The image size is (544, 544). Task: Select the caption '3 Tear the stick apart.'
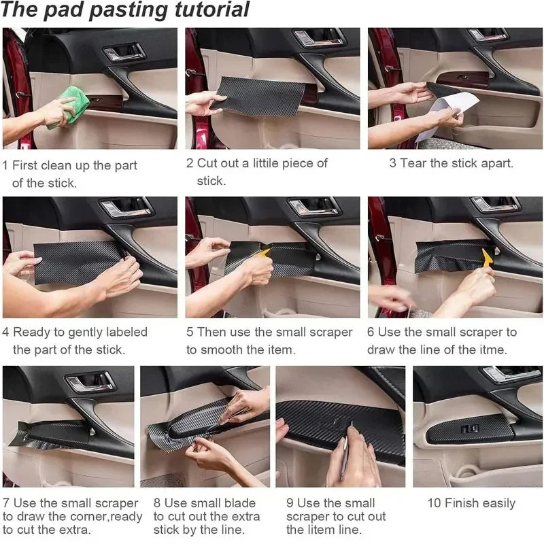tap(451, 163)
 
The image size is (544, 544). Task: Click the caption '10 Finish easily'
tap(471, 503)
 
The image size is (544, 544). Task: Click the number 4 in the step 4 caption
tap(6, 333)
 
